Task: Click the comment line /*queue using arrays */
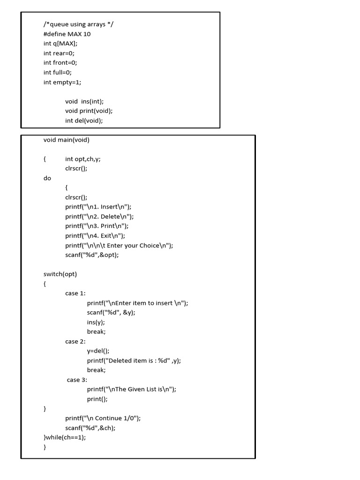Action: (x=78, y=24)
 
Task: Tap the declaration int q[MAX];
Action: (x=60, y=44)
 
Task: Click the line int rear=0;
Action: (x=59, y=53)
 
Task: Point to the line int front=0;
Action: (x=60, y=63)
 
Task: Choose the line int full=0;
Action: (x=58, y=72)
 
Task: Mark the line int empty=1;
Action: (x=62, y=82)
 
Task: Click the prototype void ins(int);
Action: (x=84, y=101)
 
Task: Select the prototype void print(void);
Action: (x=89, y=111)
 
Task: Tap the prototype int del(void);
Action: (x=84, y=120)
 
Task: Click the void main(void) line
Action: (x=67, y=140)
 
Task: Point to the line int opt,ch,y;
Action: (x=83, y=159)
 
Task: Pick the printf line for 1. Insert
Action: (x=98, y=207)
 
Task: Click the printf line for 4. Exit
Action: (x=95, y=236)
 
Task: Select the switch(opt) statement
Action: (x=60, y=274)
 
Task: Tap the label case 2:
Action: (x=75, y=341)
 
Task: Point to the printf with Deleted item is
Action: (x=134, y=360)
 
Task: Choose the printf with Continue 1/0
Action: (x=103, y=418)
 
